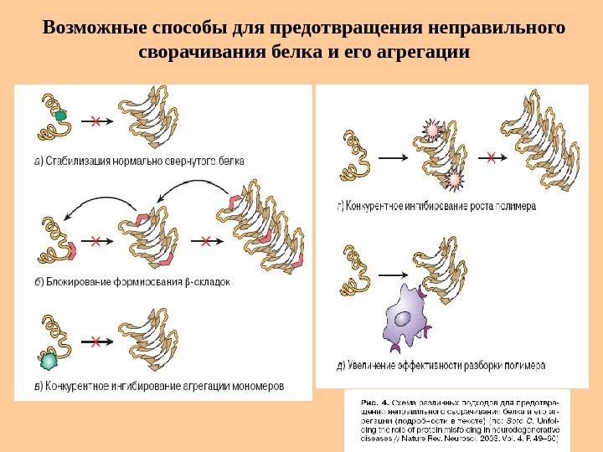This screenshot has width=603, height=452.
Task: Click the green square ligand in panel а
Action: coord(61,116)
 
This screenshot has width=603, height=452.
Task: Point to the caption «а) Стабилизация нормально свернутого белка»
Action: coord(139,162)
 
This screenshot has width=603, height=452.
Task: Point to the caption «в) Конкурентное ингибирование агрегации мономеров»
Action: coord(159,387)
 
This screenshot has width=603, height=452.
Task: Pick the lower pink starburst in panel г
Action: coord(454,179)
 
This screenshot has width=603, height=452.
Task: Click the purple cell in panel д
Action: coord(406,319)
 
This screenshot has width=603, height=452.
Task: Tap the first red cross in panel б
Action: coord(95,241)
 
